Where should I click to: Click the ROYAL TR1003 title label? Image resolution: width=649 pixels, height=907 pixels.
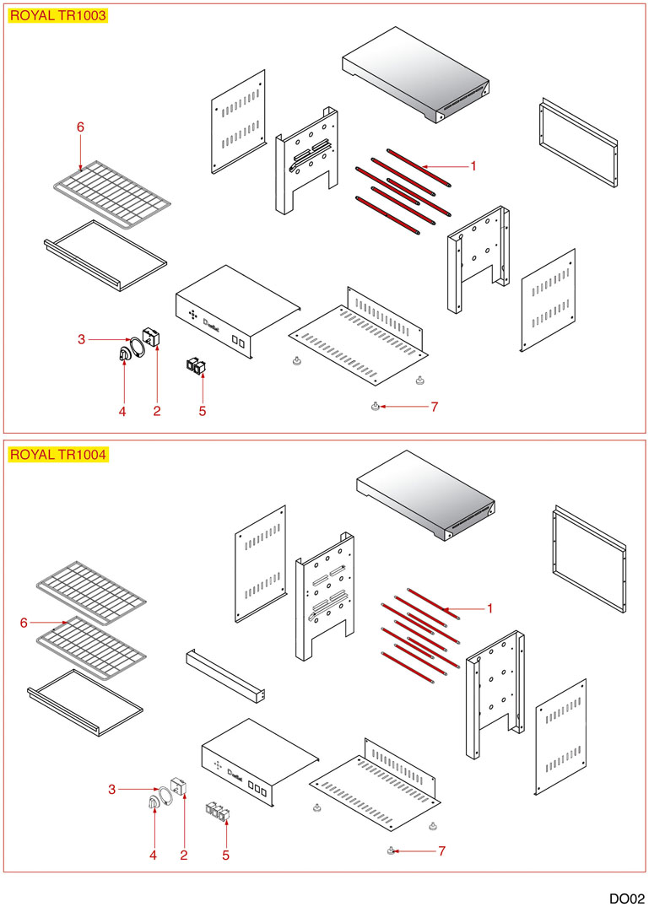(x=58, y=15)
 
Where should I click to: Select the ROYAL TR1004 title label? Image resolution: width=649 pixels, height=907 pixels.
(x=58, y=454)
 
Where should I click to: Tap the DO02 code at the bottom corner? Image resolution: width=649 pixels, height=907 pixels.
(x=627, y=898)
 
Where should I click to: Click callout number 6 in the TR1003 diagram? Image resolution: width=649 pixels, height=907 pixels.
(x=80, y=127)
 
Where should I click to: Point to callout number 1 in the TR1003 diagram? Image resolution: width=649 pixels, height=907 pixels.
(x=473, y=166)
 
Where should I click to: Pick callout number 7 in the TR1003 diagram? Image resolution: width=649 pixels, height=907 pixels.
(x=434, y=407)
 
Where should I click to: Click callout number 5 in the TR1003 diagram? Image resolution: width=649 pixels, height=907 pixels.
(x=202, y=411)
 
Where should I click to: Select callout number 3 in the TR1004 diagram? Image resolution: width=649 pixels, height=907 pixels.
(x=111, y=789)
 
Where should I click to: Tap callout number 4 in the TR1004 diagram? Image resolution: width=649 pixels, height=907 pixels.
(x=153, y=855)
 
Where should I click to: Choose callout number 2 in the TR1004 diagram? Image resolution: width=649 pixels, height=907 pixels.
(x=183, y=855)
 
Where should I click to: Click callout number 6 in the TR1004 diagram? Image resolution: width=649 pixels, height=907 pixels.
(x=24, y=623)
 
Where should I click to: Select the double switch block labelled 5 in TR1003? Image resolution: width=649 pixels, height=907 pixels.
(x=197, y=367)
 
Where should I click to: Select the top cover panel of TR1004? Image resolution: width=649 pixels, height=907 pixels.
(x=423, y=499)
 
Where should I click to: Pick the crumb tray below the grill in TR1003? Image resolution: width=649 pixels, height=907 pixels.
(x=105, y=254)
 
